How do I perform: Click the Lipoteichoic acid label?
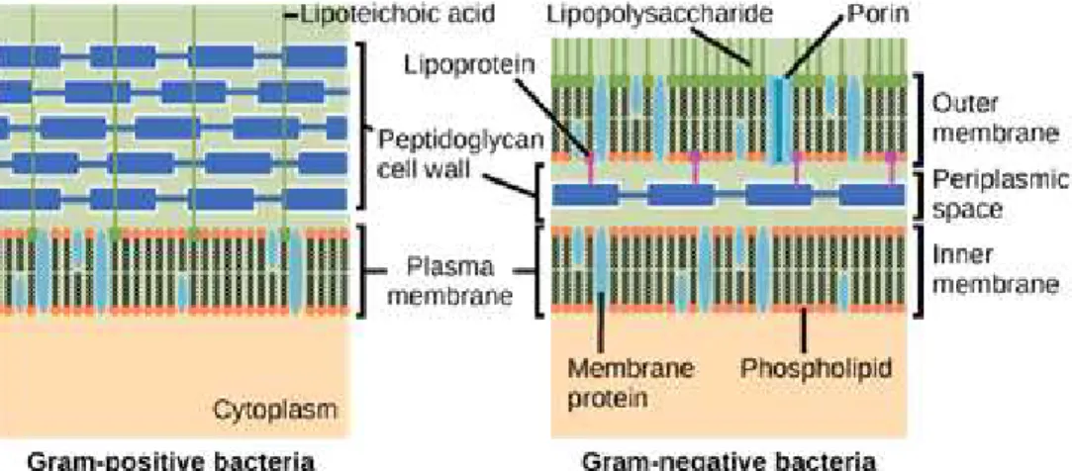(x=397, y=15)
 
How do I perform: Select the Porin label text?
(x=878, y=14)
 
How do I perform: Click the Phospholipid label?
(x=817, y=370)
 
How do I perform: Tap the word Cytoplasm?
(x=275, y=410)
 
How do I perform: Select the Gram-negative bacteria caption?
(x=729, y=461)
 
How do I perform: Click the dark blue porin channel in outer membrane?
(x=779, y=120)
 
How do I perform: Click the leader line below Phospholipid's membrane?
(x=805, y=330)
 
